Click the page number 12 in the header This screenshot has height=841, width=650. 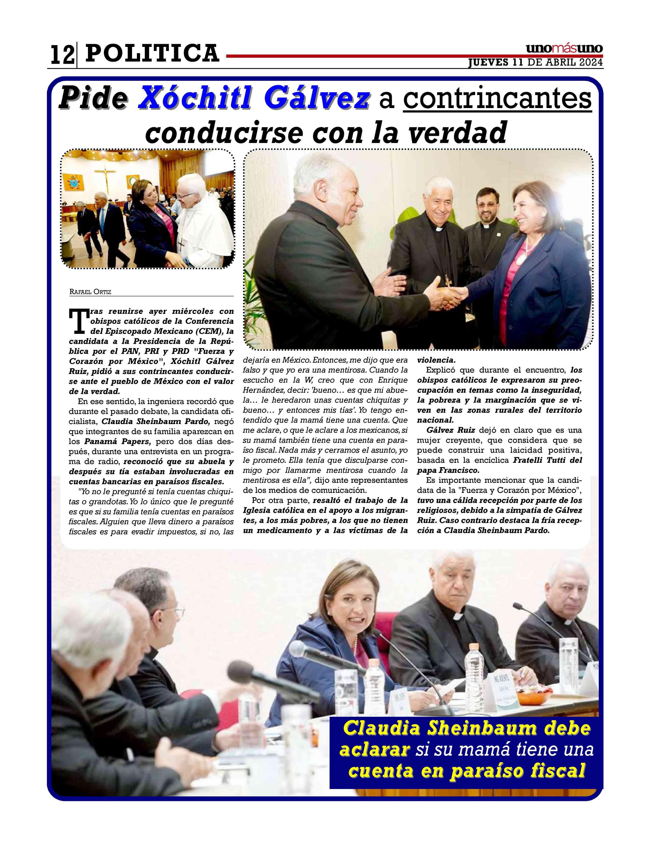point(62,55)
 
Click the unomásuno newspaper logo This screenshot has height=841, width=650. point(564,49)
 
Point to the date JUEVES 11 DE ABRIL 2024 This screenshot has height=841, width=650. point(535,63)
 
